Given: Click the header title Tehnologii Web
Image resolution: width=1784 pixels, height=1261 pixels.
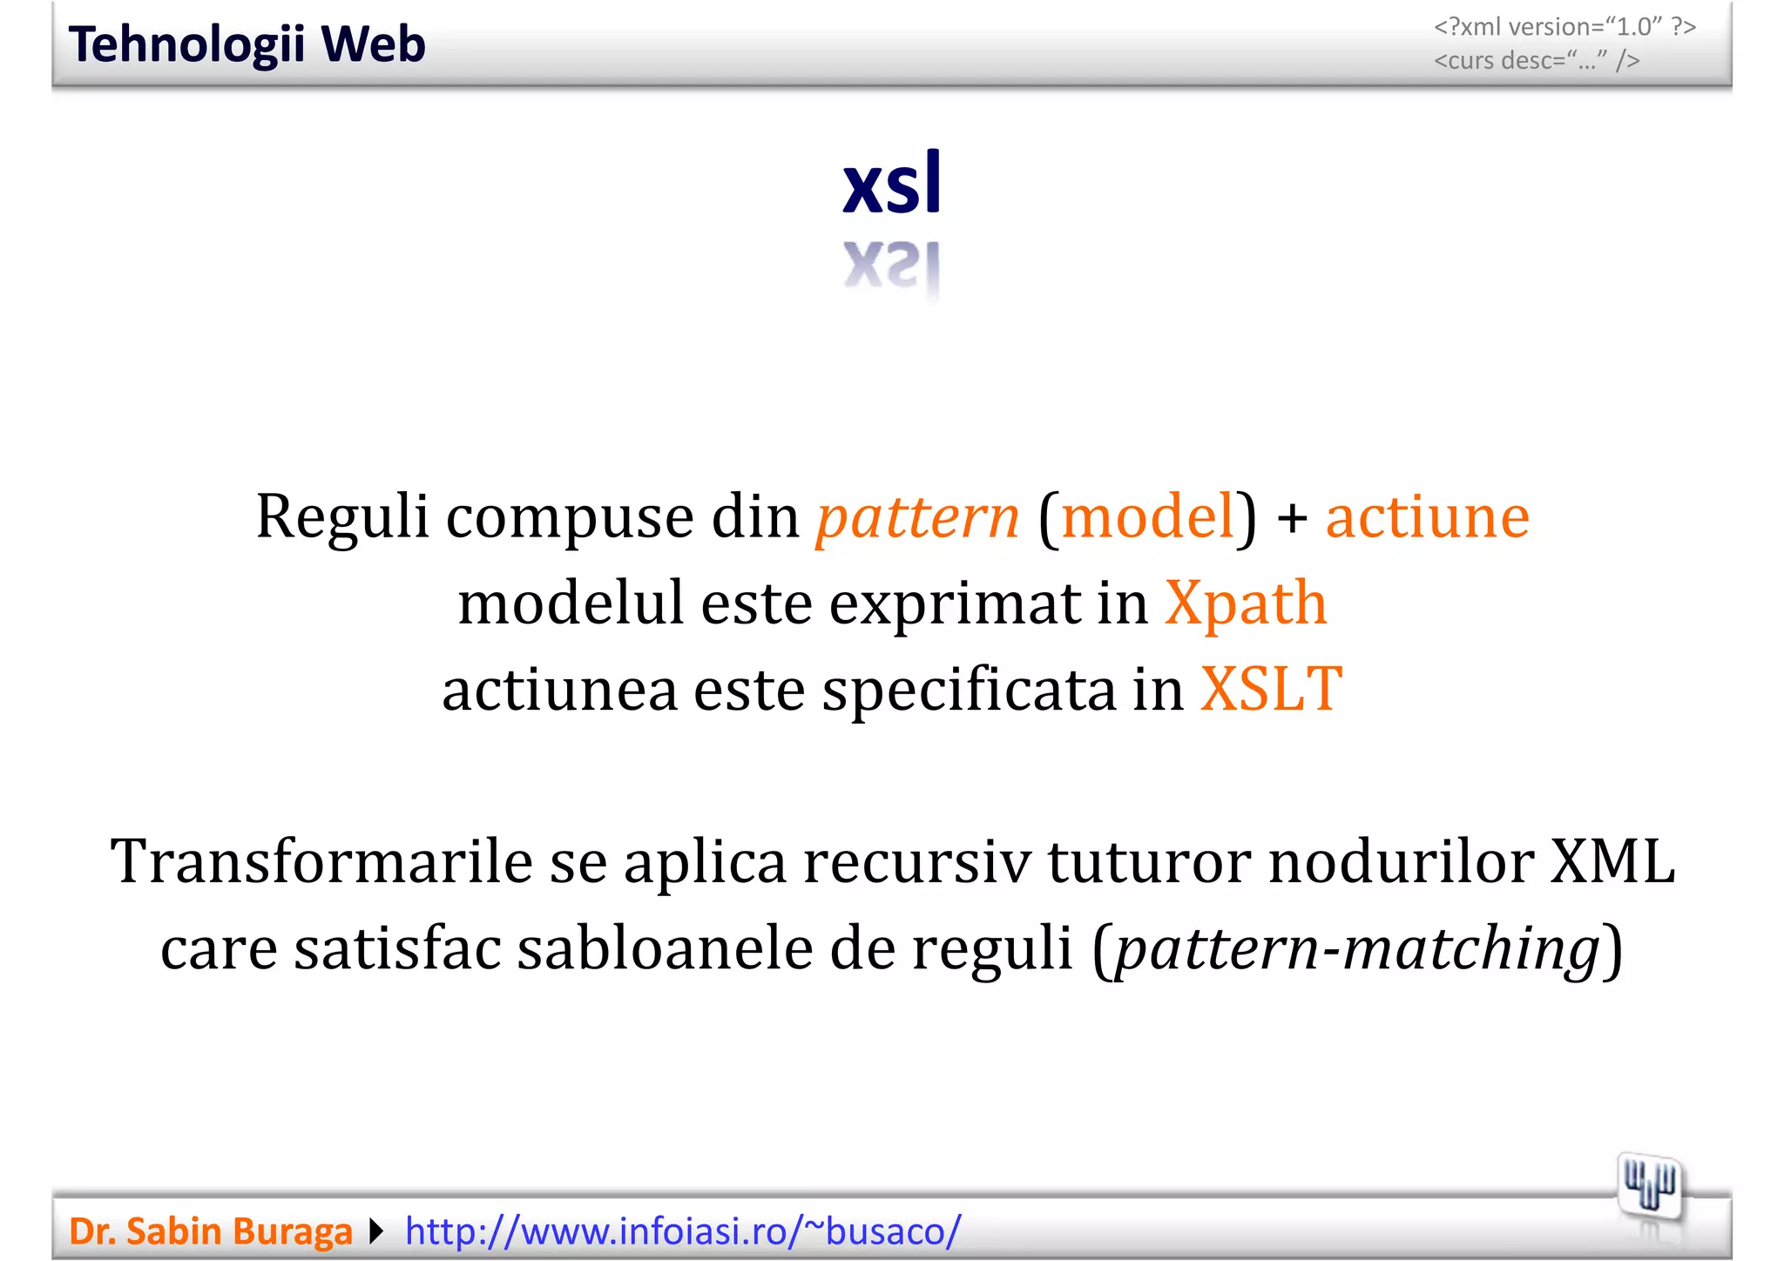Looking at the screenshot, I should tap(247, 44).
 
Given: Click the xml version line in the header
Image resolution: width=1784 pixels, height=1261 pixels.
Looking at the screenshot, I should tap(1564, 27).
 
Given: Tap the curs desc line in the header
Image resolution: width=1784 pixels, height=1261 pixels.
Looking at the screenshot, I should tap(1537, 61).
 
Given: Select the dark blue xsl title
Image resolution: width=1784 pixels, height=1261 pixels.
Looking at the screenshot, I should tap(892, 184).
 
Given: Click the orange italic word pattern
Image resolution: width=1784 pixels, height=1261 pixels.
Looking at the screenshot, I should tap(916, 517).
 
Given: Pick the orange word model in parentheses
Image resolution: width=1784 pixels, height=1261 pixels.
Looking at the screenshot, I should tap(1148, 517).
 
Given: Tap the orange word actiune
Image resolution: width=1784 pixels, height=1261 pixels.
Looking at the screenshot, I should tap(1427, 517).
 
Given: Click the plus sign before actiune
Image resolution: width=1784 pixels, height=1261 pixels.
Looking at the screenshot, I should tap(1293, 519).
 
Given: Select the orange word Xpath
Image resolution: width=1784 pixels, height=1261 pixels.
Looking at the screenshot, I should tap(1246, 603).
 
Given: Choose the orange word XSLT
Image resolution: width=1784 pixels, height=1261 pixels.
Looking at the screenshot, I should tap(1270, 689).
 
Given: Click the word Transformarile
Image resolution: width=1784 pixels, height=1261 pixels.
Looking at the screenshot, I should tap(321, 861).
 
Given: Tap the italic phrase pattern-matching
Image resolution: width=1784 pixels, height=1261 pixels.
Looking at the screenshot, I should tap(1357, 948).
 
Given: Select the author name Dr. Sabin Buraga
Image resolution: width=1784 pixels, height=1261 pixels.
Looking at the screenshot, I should tap(210, 1231).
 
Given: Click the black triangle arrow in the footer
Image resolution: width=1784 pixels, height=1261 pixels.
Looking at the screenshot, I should tap(376, 1231).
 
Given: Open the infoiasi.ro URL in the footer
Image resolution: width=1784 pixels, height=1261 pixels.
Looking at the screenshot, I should tap(683, 1231).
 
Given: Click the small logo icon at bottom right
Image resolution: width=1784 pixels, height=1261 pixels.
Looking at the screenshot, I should tap(1649, 1187).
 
